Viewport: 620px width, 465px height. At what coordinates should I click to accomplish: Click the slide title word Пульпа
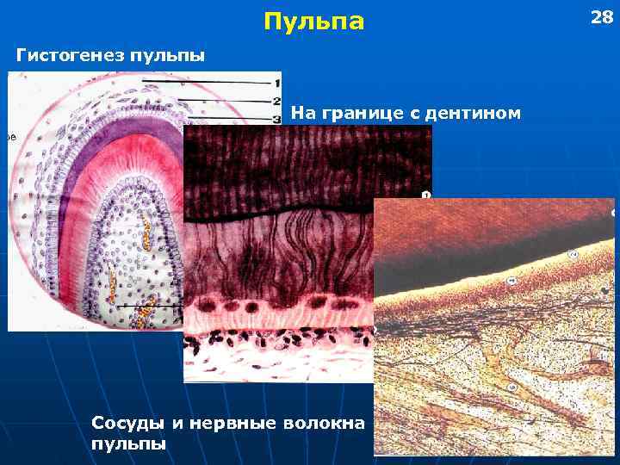tap(314, 22)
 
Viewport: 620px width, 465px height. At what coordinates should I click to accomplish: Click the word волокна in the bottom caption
tap(330, 424)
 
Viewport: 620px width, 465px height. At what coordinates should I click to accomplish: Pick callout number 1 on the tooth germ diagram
tap(277, 83)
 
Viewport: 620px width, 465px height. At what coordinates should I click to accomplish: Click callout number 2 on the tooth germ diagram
tap(277, 102)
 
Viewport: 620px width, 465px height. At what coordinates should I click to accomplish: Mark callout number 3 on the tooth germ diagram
tap(277, 118)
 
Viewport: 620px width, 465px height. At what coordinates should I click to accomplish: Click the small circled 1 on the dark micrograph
tap(425, 195)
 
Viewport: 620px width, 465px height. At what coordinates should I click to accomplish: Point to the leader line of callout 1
tap(207, 82)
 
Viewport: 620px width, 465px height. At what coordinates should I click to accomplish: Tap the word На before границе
tap(302, 112)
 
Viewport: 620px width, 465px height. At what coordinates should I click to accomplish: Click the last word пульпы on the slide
tap(129, 443)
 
